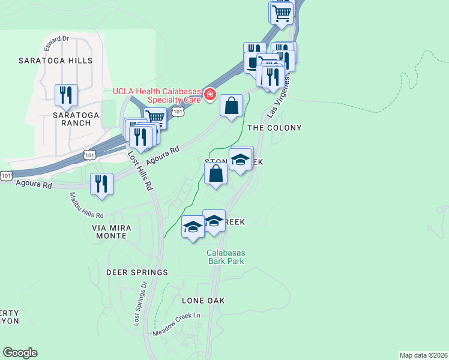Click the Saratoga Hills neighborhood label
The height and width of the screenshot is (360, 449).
pyautogui.click(x=55, y=61)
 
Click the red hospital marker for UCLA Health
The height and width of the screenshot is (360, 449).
pyautogui.click(x=210, y=94)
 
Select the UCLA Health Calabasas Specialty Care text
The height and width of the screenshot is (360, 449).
pyautogui.click(x=157, y=95)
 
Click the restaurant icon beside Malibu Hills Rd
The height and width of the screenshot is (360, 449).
pyautogui.click(x=101, y=184)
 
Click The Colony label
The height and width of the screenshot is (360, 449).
pyautogui.click(x=274, y=128)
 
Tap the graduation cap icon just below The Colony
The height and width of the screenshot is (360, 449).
pyautogui.click(x=241, y=160)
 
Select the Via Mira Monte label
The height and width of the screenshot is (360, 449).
pyautogui.click(x=110, y=232)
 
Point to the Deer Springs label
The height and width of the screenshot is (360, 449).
pyautogui.click(x=137, y=272)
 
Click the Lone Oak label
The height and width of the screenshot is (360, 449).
pyautogui.click(x=199, y=300)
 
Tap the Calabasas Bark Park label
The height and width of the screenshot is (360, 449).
pyautogui.click(x=226, y=257)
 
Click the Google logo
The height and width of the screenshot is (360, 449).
pyautogui.click(x=20, y=353)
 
